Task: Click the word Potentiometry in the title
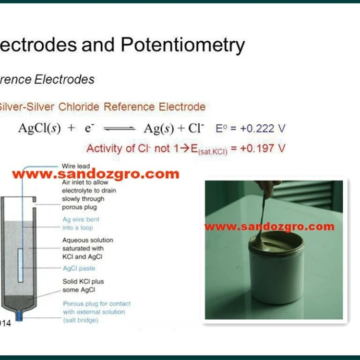click(x=183, y=45)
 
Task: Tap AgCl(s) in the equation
click(x=39, y=129)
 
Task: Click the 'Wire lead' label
click(x=76, y=166)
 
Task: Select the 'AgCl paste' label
click(x=79, y=268)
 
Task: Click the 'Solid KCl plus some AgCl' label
click(x=83, y=286)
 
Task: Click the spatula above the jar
click(x=265, y=206)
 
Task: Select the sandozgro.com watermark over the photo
click(x=269, y=226)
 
